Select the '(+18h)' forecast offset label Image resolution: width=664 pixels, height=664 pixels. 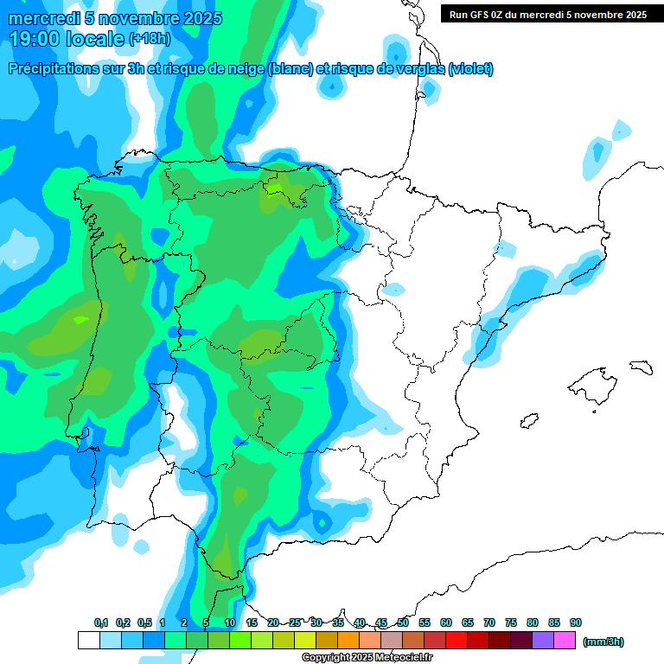click(150, 39)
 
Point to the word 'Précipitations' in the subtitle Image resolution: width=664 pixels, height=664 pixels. click(55, 69)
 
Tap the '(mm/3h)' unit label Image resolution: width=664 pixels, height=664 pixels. click(603, 642)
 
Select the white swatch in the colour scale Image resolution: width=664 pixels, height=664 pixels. click(88, 641)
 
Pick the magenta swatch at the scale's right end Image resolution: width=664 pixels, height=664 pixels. click(565, 641)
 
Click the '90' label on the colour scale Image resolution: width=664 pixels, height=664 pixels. click(576, 622)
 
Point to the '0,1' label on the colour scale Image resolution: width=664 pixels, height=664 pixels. click(101, 622)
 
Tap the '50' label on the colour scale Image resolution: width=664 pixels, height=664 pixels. click(403, 622)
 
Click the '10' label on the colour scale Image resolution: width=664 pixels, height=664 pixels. click(230, 622)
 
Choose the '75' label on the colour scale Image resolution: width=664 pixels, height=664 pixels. click(511, 622)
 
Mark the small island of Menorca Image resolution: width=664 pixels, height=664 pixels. click(641, 366)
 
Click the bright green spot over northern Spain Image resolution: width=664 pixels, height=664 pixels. click(276, 187)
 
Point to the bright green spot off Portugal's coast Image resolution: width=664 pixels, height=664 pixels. click(81, 319)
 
